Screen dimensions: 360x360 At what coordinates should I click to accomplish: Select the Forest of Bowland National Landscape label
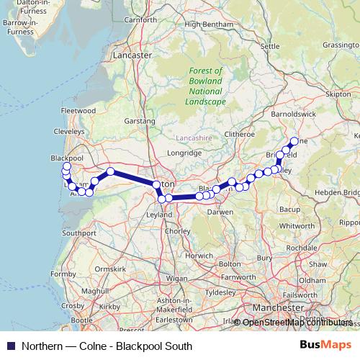click(206, 86)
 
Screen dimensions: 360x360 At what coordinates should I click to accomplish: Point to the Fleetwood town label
click(78, 111)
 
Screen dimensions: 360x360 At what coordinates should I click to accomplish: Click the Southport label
click(79, 233)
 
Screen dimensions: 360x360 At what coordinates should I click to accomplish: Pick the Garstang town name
click(140, 122)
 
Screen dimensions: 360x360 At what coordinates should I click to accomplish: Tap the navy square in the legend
click(11, 346)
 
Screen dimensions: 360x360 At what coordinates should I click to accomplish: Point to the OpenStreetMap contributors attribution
click(297, 323)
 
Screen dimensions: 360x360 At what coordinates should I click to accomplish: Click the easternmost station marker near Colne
click(294, 141)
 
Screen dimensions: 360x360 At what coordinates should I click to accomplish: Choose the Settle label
click(269, 46)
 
